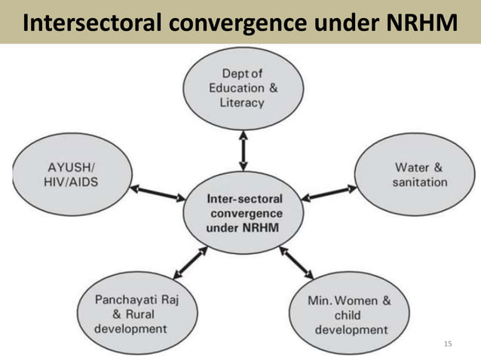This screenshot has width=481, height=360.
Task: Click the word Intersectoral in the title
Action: pyautogui.click(x=90, y=23)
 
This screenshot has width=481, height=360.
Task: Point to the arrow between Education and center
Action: pyautogui.click(x=243, y=151)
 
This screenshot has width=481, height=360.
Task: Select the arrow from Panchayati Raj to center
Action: pyautogui.click(x=190, y=263)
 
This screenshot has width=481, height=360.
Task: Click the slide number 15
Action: pyautogui.click(x=449, y=344)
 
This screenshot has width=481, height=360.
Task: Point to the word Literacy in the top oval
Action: pyautogui.click(x=243, y=103)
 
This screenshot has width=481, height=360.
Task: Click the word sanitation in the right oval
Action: pyautogui.click(x=419, y=182)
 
